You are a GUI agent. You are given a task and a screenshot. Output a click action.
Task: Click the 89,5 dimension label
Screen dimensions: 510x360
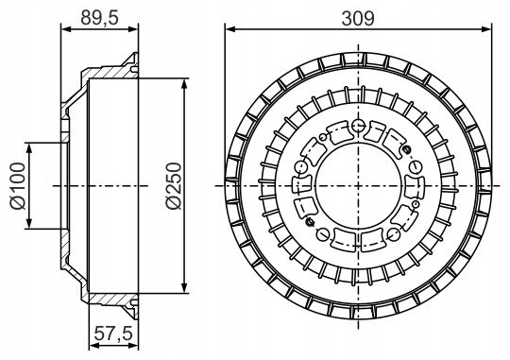click(99, 18)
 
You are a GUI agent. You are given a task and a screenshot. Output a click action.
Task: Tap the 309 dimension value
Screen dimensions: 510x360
click(358, 19)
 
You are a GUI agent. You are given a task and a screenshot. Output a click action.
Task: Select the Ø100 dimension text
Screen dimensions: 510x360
click(17, 186)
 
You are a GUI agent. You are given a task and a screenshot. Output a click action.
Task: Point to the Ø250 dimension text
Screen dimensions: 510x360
click(173, 186)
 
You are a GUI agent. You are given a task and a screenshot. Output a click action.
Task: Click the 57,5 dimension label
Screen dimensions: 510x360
click(113, 333)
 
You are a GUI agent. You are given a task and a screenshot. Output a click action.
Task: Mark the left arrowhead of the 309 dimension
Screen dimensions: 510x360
click(229, 29)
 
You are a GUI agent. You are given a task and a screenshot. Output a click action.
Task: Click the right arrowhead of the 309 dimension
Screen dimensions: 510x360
click(486, 29)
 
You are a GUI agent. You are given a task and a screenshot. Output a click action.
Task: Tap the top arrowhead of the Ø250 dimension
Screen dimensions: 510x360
click(184, 84)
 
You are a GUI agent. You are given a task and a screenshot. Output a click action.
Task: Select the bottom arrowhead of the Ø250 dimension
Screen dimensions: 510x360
click(184, 288)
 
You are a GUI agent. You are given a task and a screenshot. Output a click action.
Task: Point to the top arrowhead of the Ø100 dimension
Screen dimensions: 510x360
click(29, 148)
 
